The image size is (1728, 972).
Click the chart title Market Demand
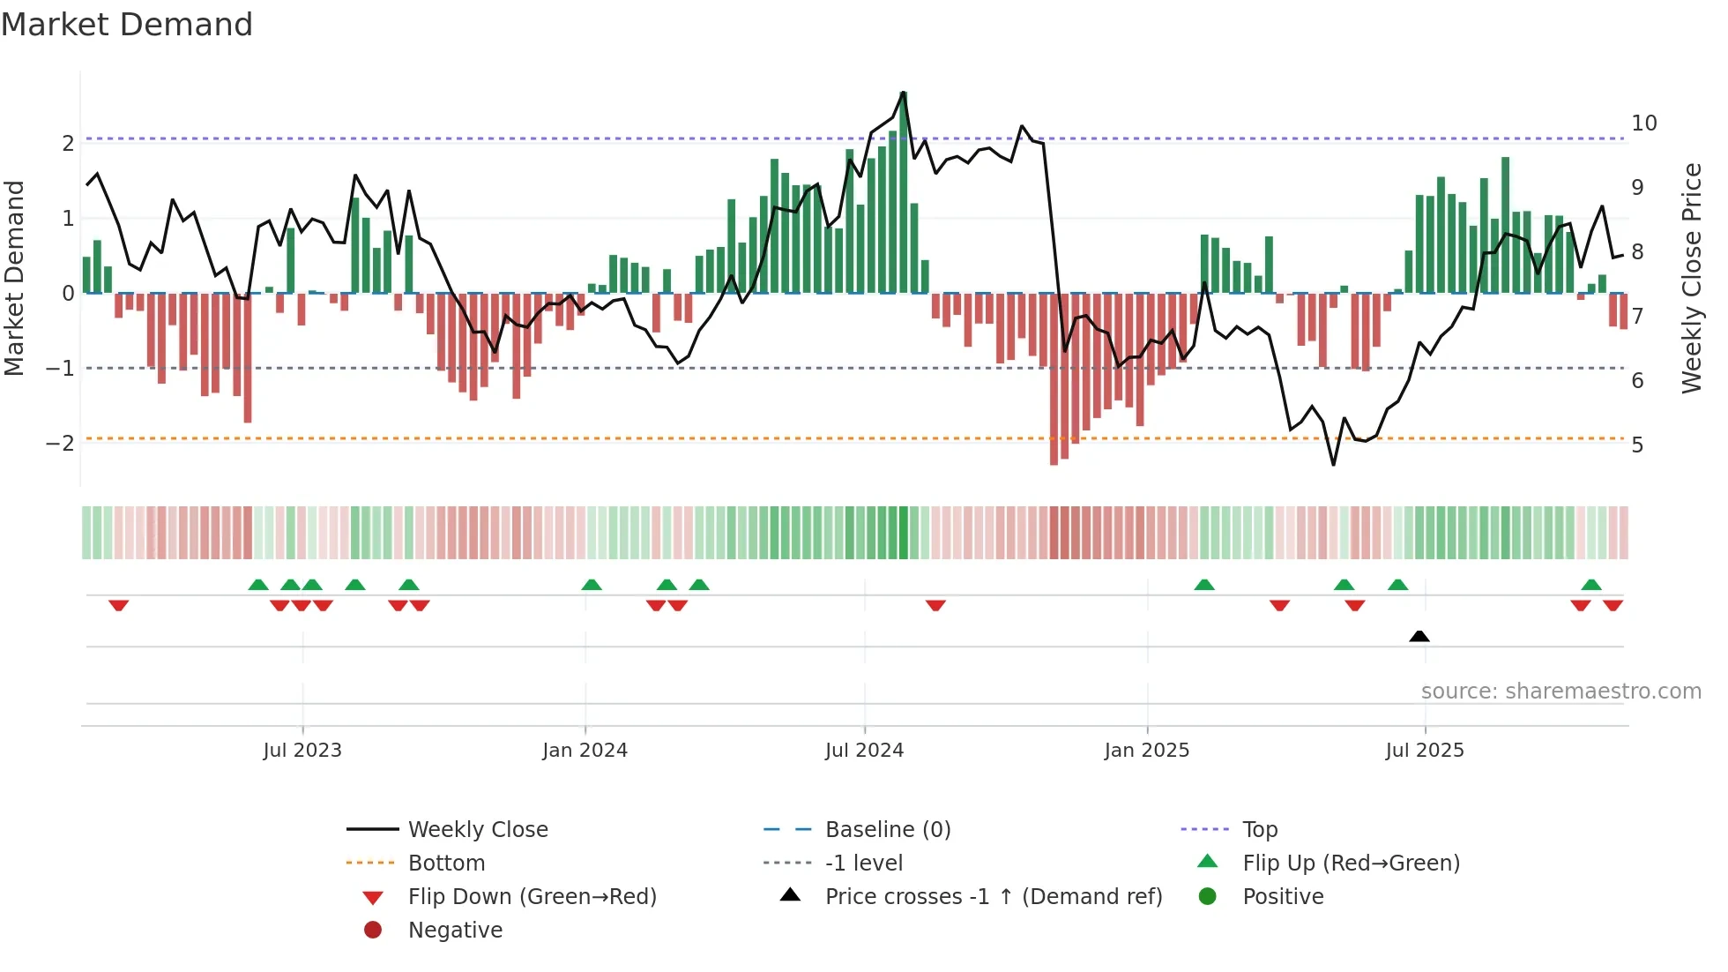coord(127,25)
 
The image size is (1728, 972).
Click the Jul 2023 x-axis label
coord(302,751)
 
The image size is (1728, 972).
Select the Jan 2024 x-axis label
coord(585,751)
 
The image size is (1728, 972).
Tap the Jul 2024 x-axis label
coord(864,751)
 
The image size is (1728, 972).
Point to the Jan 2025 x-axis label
coord(1146,751)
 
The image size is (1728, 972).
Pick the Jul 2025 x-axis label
coord(1424,751)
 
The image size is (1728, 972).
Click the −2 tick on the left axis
coord(61,443)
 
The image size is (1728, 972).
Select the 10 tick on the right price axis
coord(1643,123)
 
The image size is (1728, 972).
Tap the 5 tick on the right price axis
coord(1637,445)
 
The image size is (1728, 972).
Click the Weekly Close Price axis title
coord(1691,278)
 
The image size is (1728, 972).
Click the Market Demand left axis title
coord(15,278)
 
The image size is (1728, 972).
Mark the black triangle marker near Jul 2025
coord(1419,636)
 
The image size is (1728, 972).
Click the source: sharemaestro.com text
coord(1560,692)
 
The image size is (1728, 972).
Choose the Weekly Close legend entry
coord(477,830)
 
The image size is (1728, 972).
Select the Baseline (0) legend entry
coord(887,830)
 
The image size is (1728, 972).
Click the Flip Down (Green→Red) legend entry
coord(532,897)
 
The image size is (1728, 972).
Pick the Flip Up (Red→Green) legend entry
coord(1351,864)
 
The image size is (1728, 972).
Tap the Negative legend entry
coord(455,931)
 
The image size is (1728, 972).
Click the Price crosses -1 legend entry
coord(993,897)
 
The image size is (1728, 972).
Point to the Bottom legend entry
coord(446,864)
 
